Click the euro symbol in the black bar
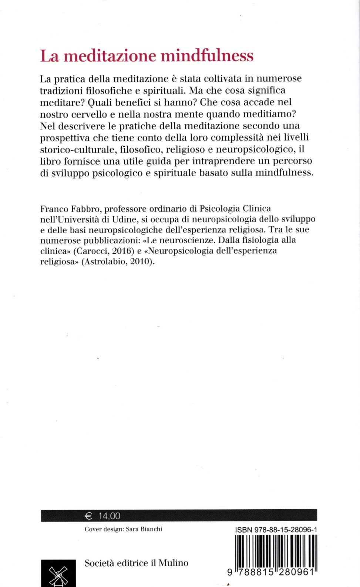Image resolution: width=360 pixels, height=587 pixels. [88, 516]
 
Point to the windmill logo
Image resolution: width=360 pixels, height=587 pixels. [58, 574]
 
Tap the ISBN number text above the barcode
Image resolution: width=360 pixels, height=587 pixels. [276, 530]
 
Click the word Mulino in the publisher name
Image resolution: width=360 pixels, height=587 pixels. [173, 563]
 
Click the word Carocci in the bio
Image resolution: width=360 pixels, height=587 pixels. [91, 251]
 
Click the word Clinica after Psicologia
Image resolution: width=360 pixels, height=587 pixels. [256, 209]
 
